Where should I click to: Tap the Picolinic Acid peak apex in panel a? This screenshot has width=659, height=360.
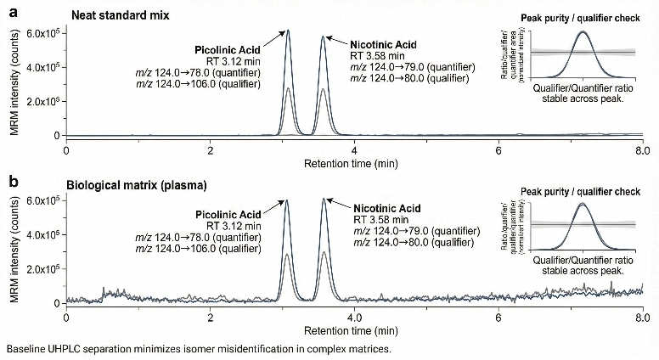click(288, 31)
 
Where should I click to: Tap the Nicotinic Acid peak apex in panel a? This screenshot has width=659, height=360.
click(323, 37)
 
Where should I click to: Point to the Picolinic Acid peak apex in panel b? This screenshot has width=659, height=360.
click(288, 200)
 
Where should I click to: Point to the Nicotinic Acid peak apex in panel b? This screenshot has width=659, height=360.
click(324, 199)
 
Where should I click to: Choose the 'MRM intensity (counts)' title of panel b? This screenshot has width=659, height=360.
click(10, 248)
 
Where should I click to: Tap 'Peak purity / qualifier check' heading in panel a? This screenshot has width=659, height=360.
click(580, 17)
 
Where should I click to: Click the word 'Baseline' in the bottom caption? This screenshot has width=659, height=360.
click(25, 349)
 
